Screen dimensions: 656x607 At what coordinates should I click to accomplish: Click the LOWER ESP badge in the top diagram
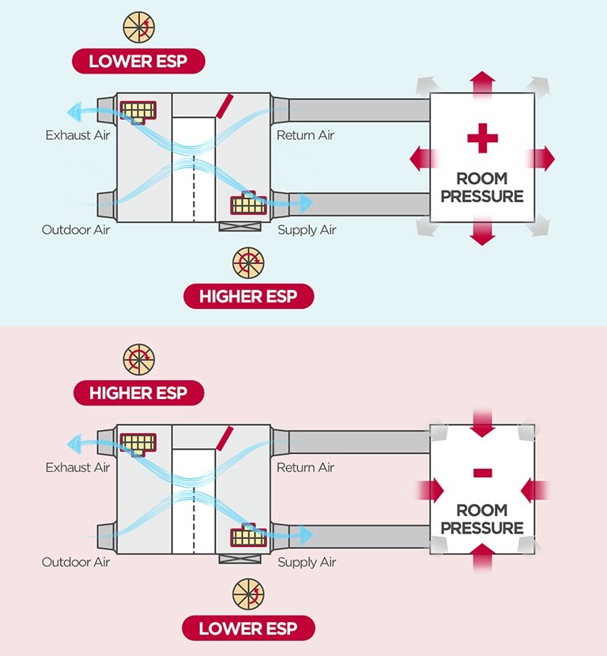tap(138, 61)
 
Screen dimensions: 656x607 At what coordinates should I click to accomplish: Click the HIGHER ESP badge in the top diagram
tap(249, 296)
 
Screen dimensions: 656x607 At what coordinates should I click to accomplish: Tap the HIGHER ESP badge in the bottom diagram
tap(138, 392)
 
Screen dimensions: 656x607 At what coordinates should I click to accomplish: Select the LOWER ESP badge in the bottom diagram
tap(249, 628)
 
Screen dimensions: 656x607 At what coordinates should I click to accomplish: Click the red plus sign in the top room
tap(482, 140)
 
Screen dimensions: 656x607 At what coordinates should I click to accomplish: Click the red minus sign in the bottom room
tap(482, 473)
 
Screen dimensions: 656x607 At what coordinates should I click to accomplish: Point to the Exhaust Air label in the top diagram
tap(77, 135)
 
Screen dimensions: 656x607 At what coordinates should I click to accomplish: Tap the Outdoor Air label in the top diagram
tap(76, 230)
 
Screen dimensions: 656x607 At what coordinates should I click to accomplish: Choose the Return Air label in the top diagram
tap(305, 135)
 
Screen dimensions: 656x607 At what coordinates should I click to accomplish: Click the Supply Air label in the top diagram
tap(307, 230)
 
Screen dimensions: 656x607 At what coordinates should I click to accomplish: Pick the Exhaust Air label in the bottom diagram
tap(77, 467)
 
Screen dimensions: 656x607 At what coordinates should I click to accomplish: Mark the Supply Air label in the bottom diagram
tap(307, 563)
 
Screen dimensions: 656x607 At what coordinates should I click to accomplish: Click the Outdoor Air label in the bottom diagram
tap(76, 563)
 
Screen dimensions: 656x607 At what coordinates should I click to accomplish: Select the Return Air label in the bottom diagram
tap(305, 467)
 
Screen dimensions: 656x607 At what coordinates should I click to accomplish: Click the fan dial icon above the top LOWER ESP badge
tap(138, 27)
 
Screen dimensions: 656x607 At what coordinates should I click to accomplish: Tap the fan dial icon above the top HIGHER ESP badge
tap(248, 263)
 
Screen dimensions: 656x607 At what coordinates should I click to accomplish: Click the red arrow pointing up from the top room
tap(482, 82)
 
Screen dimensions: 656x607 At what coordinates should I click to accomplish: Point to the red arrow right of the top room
tap(541, 159)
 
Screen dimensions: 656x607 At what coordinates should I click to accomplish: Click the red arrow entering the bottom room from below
tap(482, 560)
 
